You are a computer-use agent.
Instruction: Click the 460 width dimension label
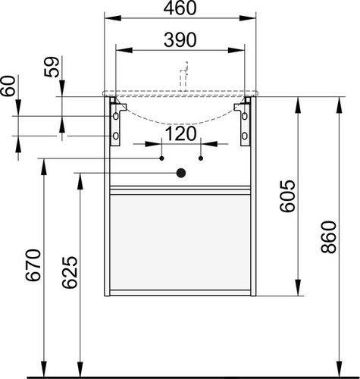180,8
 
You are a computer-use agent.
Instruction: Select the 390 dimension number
180,40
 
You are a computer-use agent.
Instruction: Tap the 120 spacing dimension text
180,134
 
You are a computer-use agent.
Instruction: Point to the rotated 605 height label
287,196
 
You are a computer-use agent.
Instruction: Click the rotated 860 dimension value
329,237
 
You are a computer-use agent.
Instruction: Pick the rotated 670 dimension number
33,265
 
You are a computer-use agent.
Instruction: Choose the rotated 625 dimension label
70,272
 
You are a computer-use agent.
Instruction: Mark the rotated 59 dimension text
52,67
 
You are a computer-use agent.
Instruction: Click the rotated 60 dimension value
8,86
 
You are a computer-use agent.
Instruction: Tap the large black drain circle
181,173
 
